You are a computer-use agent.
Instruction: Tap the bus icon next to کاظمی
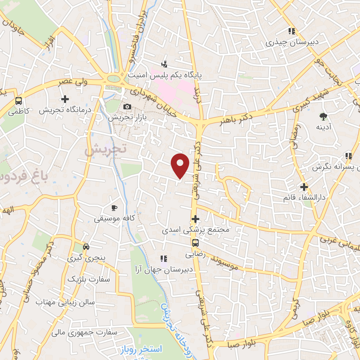click(x=19, y=101)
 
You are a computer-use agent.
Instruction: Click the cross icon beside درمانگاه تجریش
click(x=65, y=99)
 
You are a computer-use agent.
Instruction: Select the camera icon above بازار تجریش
click(x=127, y=107)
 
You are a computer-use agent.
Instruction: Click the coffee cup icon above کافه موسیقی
click(x=114, y=208)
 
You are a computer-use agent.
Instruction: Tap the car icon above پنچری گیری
click(x=86, y=246)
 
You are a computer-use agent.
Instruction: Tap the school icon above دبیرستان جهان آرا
click(x=163, y=259)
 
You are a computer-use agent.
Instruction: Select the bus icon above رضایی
click(x=195, y=243)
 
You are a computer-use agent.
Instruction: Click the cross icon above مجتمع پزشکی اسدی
click(x=195, y=219)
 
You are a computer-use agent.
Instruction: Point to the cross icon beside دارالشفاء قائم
click(x=304, y=187)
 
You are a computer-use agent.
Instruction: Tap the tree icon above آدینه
click(x=323, y=116)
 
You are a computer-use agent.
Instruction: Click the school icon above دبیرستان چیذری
click(x=291, y=32)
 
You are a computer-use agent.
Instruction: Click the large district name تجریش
click(x=105, y=150)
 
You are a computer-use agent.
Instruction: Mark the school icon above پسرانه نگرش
click(x=348, y=156)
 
